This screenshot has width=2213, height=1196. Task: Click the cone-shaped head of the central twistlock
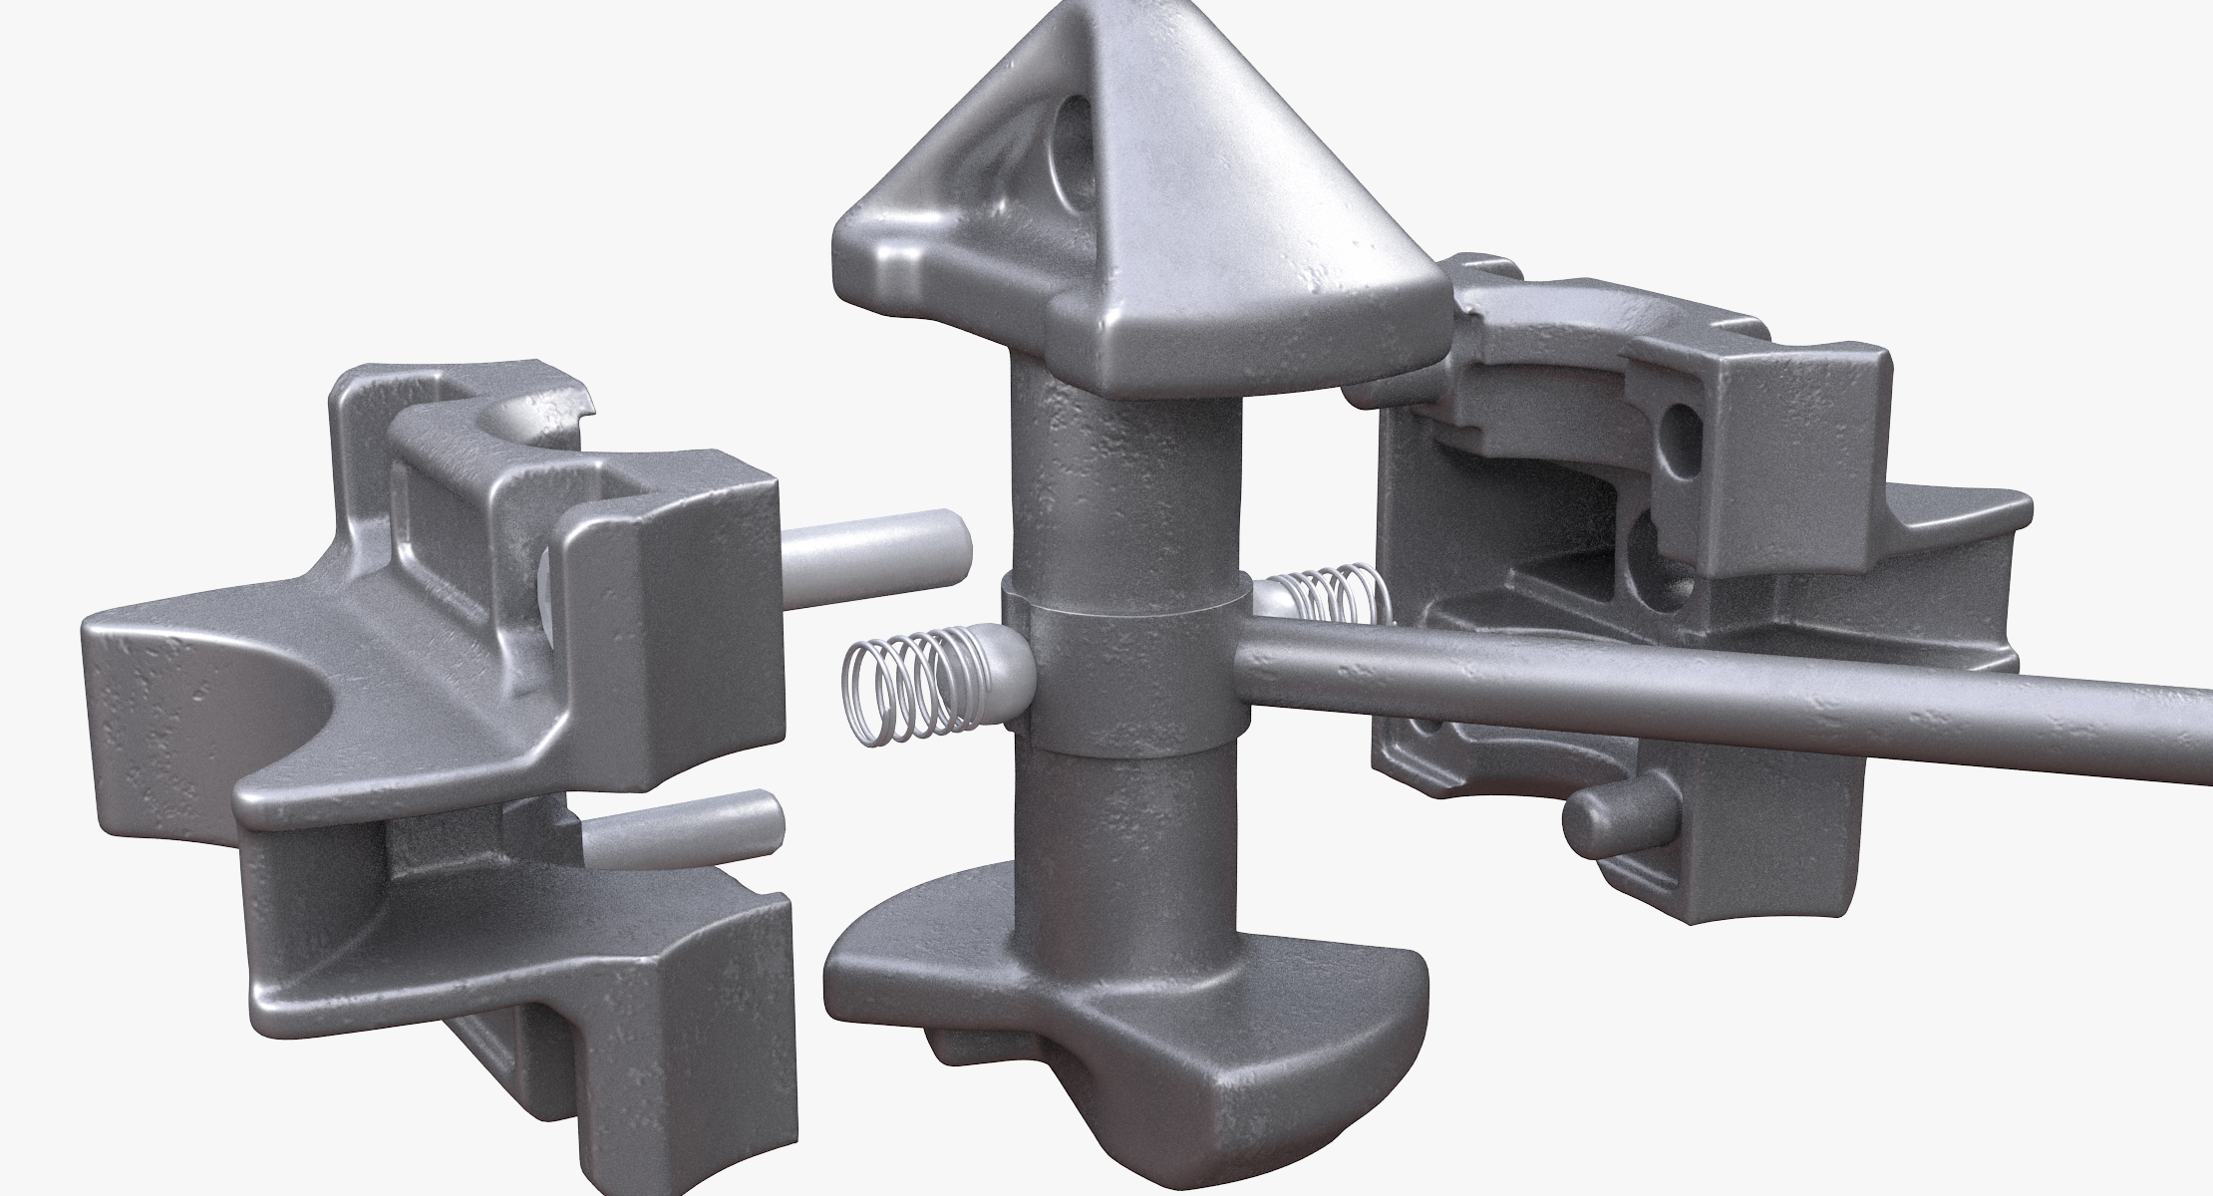(x=1146, y=179)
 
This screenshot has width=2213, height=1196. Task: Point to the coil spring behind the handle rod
(x=1331, y=604)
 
